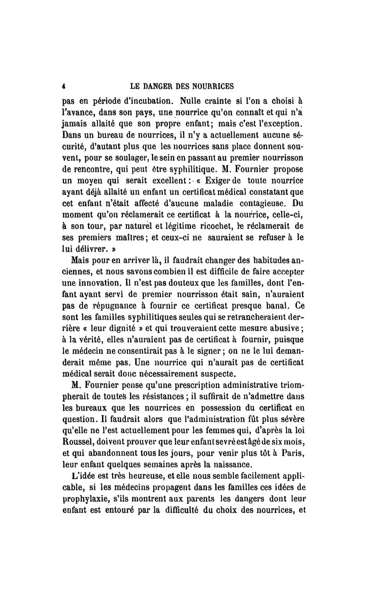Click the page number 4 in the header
pos(65,85)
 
